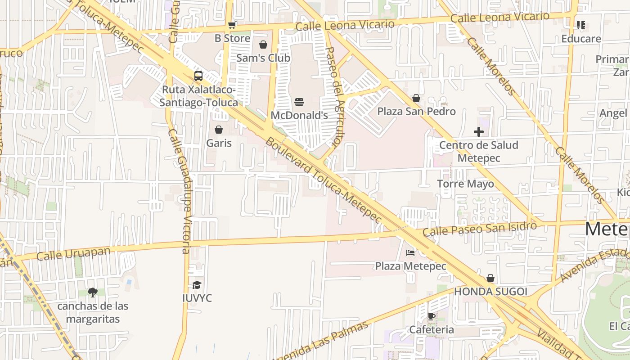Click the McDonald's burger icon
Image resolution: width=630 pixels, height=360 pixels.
coord(299,102)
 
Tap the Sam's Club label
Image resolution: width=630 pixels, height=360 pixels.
coord(263,58)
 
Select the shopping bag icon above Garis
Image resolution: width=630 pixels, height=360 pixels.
coord(219,130)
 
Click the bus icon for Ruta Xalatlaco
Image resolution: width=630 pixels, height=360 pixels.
coord(198,76)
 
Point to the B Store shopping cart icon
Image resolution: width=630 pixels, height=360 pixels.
coord(232,25)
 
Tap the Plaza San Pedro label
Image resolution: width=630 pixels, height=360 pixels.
coord(416,111)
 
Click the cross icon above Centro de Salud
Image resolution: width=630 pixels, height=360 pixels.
coord(479,132)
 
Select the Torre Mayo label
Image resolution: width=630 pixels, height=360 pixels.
coord(465,184)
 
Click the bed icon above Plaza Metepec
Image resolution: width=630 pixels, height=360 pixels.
coord(410,253)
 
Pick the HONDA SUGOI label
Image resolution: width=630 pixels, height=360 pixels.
coord(490,292)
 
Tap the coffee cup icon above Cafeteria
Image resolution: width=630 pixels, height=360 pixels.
coord(431,317)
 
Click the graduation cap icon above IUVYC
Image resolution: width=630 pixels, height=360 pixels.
coord(197,285)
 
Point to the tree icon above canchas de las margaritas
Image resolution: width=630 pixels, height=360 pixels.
coord(93,292)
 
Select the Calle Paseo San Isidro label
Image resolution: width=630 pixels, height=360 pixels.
coord(480,229)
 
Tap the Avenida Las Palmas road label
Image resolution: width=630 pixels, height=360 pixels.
coord(320,342)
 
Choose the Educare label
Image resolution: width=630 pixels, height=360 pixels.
coord(581,39)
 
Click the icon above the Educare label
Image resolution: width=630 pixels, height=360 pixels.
coord(581,25)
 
